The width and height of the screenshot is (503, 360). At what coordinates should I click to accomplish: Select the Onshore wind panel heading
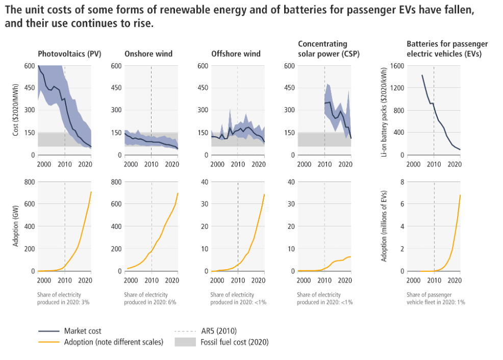click(x=148, y=54)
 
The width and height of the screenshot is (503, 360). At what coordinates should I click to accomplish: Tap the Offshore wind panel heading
click(x=236, y=54)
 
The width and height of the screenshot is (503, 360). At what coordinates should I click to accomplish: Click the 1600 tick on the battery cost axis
click(x=397, y=66)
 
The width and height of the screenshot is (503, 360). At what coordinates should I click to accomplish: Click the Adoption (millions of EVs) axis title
click(x=384, y=226)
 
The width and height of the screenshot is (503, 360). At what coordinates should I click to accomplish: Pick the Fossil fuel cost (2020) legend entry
click(x=236, y=342)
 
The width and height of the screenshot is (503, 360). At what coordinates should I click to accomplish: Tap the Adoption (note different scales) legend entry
click(x=113, y=342)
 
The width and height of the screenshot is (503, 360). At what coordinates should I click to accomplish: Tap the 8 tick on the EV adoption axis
click(x=402, y=182)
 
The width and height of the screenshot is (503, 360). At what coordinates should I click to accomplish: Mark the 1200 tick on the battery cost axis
click(x=397, y=88)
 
